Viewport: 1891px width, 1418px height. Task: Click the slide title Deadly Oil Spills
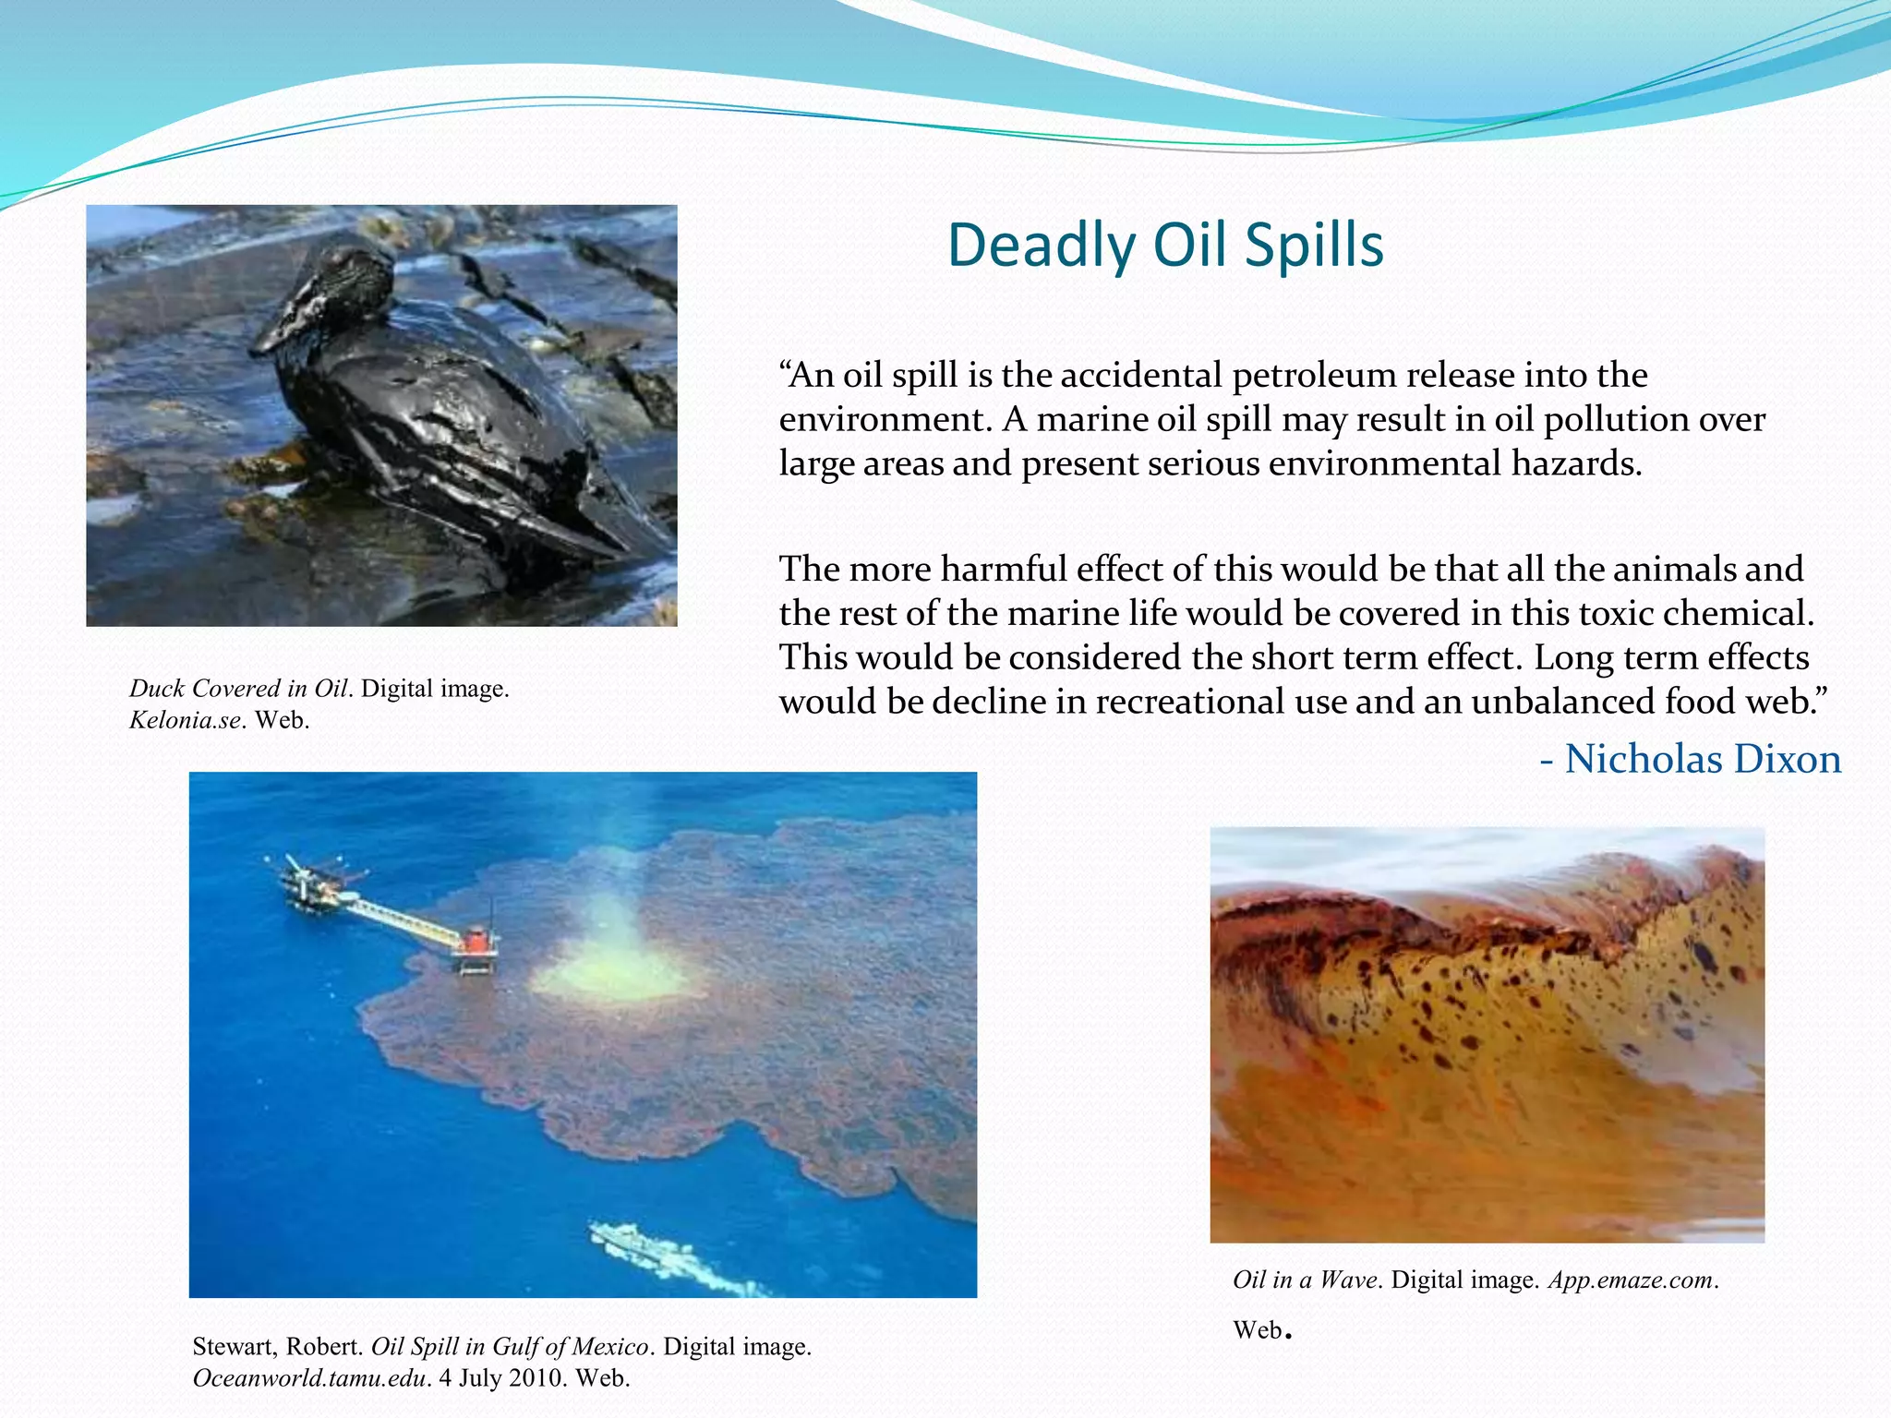click(1165, 246)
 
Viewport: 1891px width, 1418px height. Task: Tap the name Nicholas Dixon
click(1703, 759)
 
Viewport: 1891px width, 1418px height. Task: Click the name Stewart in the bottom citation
click(232, 1347)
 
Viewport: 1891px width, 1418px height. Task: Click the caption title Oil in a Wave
click(1305, 1280)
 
